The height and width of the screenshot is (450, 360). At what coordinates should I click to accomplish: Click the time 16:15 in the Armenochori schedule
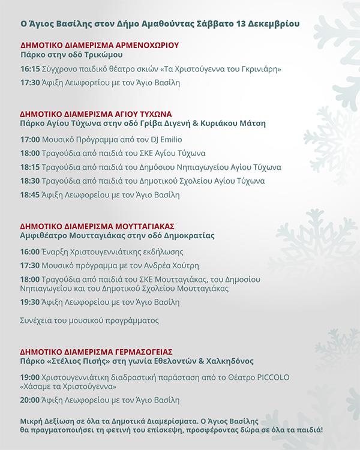coord(28,70)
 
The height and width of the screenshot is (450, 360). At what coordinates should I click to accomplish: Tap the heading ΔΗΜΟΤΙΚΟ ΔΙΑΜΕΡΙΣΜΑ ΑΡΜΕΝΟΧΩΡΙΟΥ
coord(100,45)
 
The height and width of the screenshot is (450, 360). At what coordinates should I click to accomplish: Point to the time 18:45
coord(28,195)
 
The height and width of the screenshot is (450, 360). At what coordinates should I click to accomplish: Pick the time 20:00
coord(28,400)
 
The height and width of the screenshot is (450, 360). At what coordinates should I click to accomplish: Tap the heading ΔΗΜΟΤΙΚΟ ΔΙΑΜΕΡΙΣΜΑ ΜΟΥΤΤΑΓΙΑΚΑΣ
coord(97,227)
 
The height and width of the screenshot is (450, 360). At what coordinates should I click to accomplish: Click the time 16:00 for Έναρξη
coord(28,251)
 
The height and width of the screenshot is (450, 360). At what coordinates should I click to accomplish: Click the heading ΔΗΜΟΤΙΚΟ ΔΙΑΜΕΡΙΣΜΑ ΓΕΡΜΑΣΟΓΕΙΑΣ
coord(96,352)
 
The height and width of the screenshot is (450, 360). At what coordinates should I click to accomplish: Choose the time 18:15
coord(28,167)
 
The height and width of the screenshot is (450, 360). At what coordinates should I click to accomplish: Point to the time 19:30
coord(28,302)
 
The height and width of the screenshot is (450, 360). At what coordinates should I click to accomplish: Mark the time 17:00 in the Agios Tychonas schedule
coord(28,139)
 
